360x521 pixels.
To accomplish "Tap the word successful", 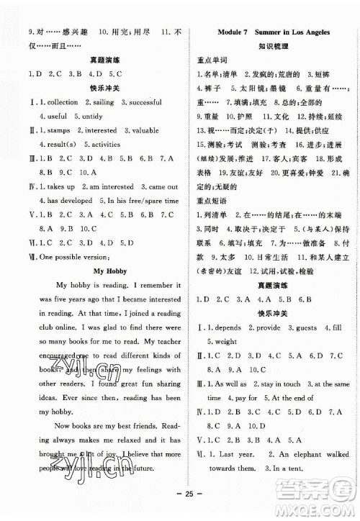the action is (x=152, y=101).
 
